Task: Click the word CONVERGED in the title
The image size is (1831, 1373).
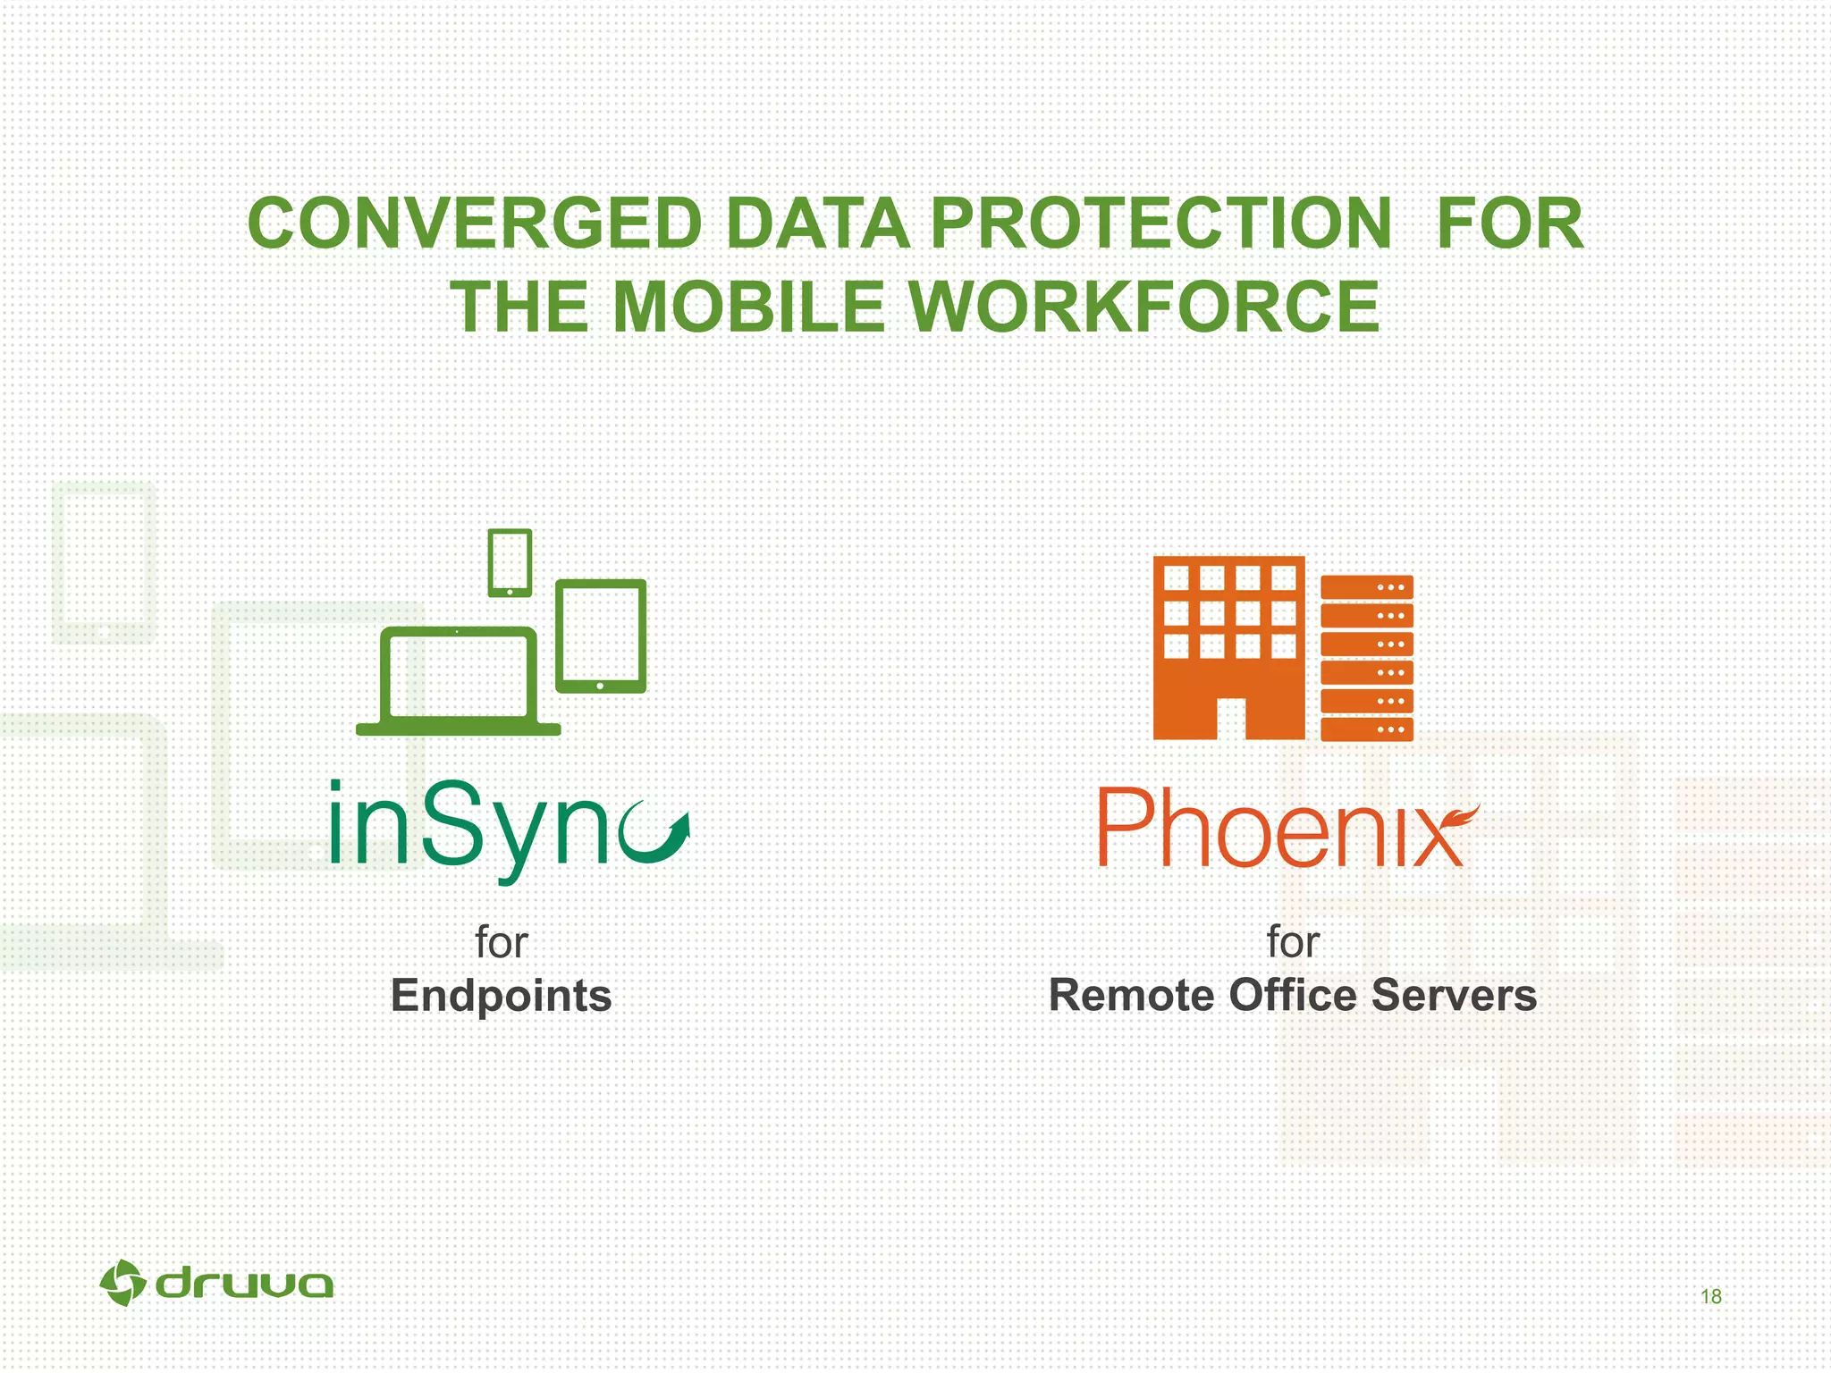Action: [x=475, y=223]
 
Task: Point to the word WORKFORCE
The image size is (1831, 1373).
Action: [x=1143, y=307]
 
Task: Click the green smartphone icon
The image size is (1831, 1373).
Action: [x=510, y=562]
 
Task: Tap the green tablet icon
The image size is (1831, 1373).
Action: [x=601, y=636]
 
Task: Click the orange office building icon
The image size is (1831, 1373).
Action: [x=1228, y=647]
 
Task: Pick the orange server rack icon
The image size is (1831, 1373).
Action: [x=1366, y=658]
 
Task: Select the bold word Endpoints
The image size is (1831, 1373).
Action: [x=501, y=996]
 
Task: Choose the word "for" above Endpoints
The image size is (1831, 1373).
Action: [x=501, y=942]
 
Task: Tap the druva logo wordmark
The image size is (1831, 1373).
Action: [x=243, y=1285]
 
